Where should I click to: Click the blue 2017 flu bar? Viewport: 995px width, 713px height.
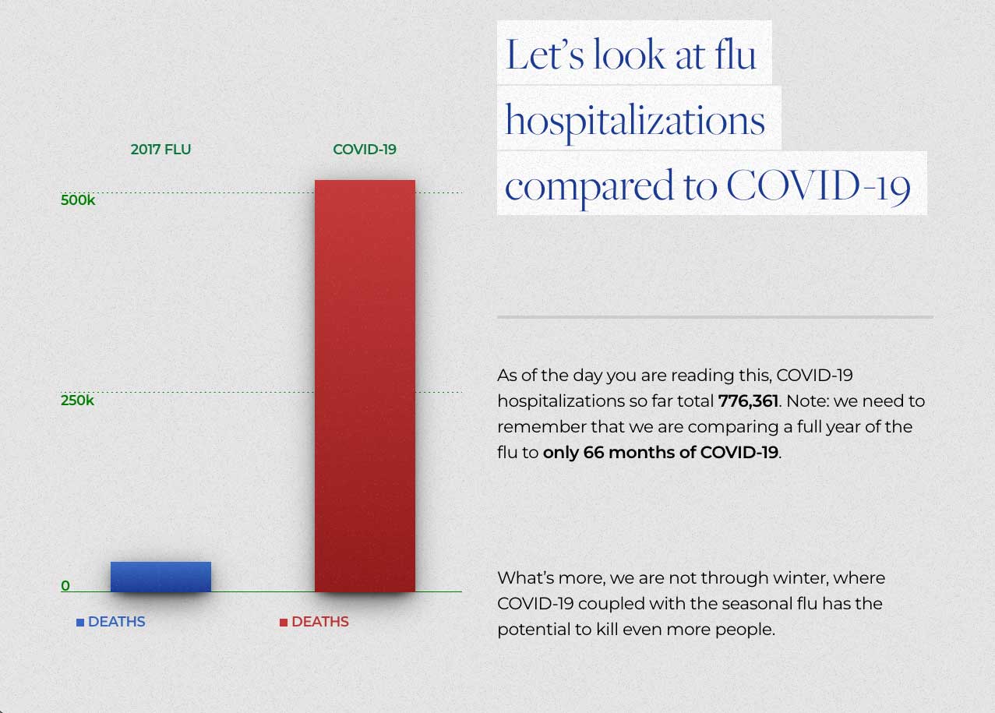click(x=161, y=577)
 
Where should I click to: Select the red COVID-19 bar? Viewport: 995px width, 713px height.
click(x=365, y=386)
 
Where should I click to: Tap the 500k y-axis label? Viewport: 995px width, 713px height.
click(x=78, y=200)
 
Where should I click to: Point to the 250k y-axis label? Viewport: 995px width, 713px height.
click(x=78, y=401)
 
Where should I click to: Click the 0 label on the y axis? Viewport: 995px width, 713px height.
click(x=65, y=586)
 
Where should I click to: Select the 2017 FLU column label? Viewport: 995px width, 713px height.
click(x=161, y=149)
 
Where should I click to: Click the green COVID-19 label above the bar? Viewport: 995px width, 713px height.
click(x=365, y=149)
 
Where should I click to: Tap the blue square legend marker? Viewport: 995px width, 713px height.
click(x=80, y=623)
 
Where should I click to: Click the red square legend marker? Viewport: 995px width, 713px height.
click(x=284, y=623)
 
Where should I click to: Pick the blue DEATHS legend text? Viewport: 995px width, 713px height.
click(x=116, y=622)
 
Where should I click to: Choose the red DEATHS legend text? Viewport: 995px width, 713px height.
click(x=319, y=622)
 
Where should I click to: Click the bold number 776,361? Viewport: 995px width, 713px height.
click(x=748, y=401)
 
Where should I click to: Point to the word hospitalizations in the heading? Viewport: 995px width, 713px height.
click(x=635, y=120)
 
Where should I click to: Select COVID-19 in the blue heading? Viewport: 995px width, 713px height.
click(x=818, y=185)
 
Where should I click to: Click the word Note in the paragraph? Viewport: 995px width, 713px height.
click(x=803, y=401)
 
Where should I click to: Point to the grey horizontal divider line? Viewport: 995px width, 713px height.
click(x=714, y=317)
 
